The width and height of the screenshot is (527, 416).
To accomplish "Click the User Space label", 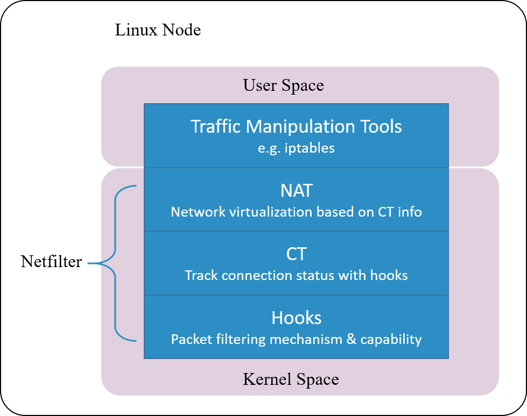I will point(283,85).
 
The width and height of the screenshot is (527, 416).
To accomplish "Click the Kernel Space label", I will point(291,379).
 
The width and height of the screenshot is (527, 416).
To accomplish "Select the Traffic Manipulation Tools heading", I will point(296,127).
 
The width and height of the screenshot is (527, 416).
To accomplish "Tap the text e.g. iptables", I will point(296,148).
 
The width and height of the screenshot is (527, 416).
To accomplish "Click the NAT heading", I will point(296,191).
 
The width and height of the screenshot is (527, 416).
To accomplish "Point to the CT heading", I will point(296,254).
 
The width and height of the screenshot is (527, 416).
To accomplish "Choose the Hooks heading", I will point(296,318).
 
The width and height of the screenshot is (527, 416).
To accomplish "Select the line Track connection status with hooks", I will point(296,276).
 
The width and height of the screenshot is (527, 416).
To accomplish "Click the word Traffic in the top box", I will point(216,127).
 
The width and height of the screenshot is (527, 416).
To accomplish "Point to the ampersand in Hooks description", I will point(351,340).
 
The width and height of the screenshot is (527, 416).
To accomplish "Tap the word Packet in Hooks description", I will point(191,340).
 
